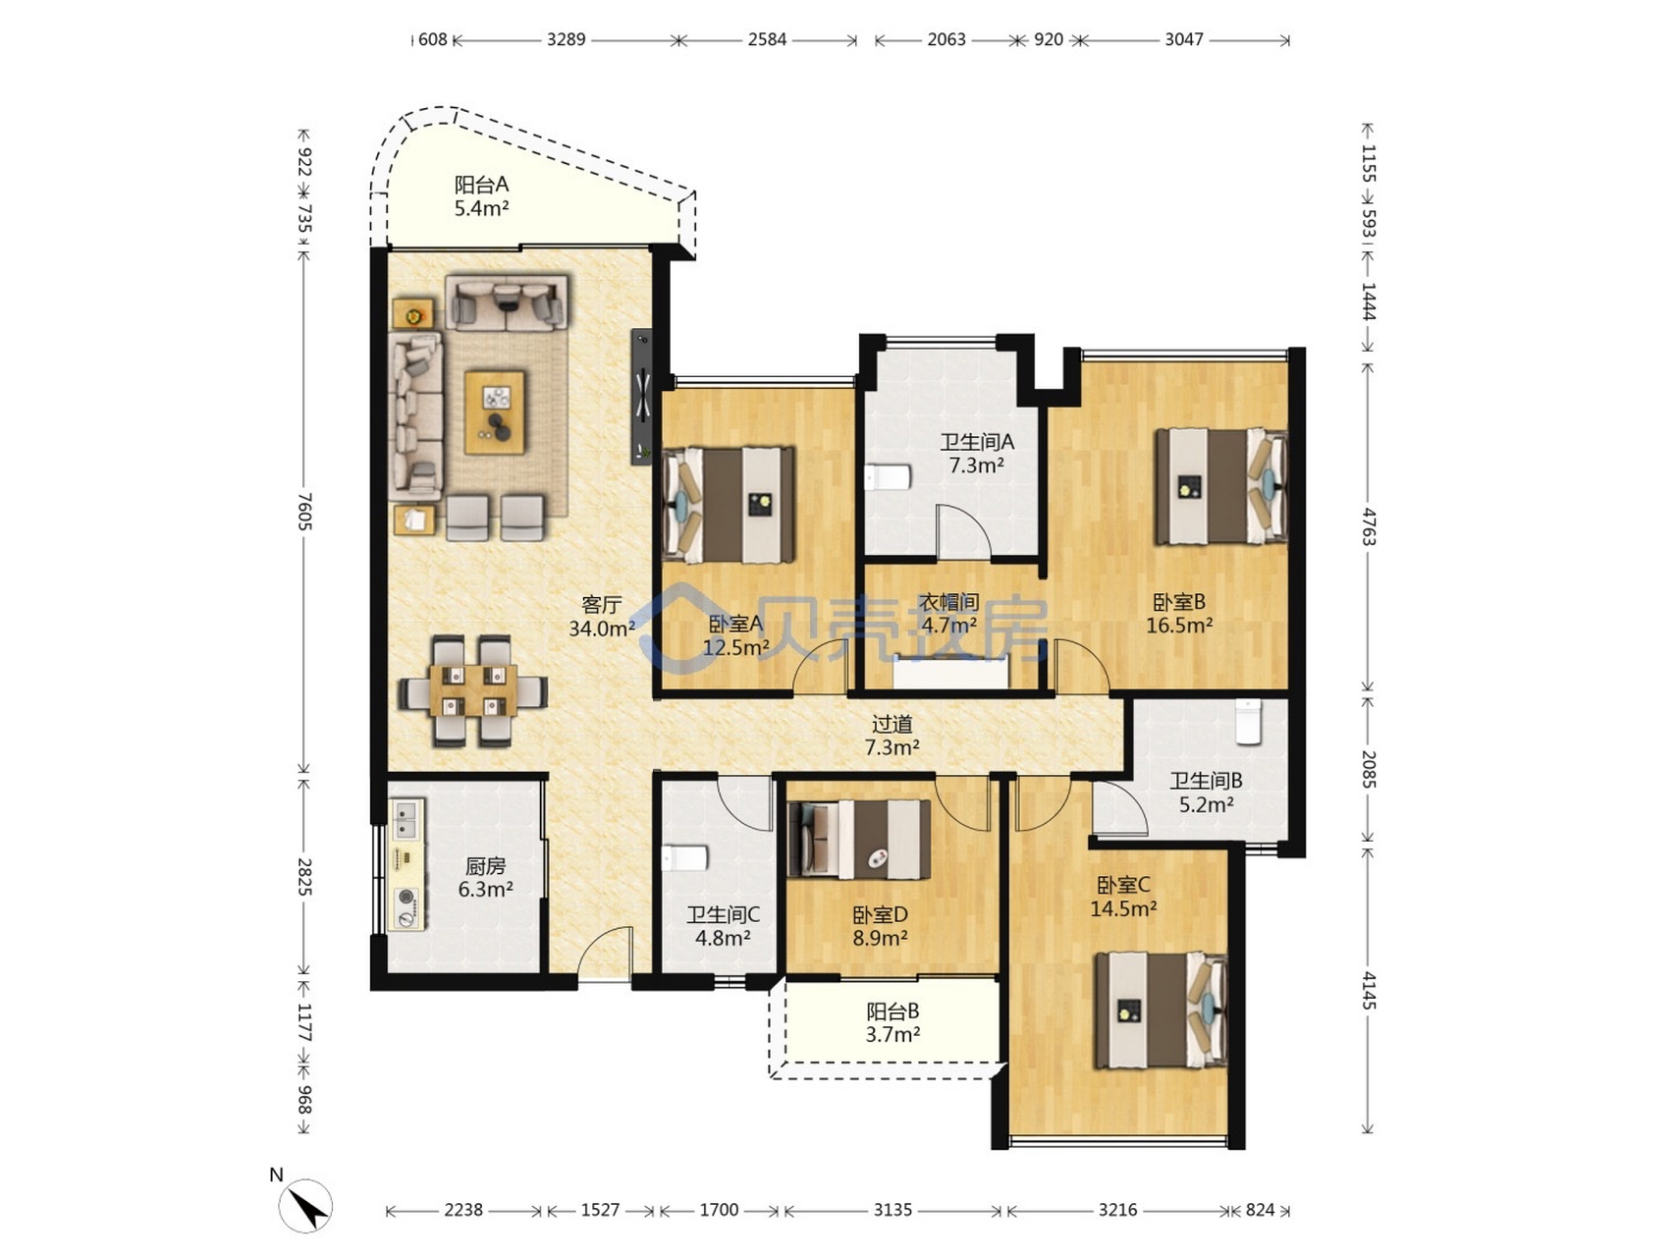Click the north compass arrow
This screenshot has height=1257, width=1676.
(x=305, y=1204)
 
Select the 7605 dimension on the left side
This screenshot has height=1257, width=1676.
(x=304, y=512)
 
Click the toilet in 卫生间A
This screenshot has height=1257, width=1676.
(x=888, y=477)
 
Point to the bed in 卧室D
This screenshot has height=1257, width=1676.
(x=860, y=840)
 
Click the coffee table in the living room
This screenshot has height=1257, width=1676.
(x=496, y=411)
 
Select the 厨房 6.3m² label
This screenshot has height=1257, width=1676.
(x=485, y=878)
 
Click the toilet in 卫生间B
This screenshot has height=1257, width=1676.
(x=1248, y=722)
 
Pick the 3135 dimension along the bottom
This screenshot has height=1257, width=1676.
(x=892, y=1210)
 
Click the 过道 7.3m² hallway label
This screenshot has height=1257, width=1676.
(x=892, y=736)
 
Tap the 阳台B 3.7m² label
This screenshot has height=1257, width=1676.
(x=892, y=1022)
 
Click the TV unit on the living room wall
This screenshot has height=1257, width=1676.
(x=641, y=397)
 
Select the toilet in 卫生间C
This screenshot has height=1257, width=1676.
(x=685, y=858)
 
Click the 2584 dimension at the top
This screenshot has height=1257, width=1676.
(x=767, y=39)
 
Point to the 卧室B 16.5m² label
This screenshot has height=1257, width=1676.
(x=1178, y=614)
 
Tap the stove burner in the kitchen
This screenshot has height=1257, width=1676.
(x=405, y=897)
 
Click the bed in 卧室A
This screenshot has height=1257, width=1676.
(x=729, y=505)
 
